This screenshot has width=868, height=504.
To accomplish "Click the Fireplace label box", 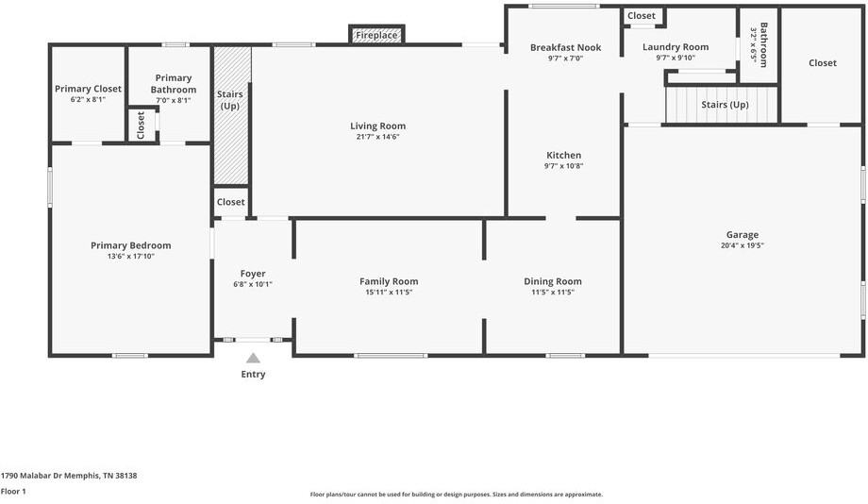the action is (x=376, y=34).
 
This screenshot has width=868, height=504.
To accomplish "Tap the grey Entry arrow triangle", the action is (x=253, y=358).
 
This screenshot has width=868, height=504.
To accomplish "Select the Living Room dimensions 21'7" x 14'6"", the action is (x=378, y=137).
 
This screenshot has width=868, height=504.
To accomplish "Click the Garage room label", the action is (x=743, y=235).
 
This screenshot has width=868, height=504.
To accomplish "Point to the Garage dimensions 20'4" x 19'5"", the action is (x=743, y=245).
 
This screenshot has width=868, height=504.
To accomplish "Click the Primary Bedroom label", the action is (x=130, y=245).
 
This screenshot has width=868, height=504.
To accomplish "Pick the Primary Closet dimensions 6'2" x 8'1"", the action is (x=88, y=100).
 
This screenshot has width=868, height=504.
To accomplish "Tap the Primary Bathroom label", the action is (x=174, y=84).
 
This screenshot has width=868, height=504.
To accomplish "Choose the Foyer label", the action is (x=253, y=274).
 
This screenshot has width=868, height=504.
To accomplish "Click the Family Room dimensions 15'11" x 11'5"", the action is (x=389, y=293).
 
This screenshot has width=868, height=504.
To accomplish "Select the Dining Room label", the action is (x=553, y=281).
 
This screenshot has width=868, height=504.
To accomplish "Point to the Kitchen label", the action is (x=563, y=155).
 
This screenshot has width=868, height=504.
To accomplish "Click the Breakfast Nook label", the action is (x=566, y=47).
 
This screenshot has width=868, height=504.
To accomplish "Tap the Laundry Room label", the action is (x=676, y=47).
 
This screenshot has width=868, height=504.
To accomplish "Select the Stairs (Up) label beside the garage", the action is (x=725, y=105).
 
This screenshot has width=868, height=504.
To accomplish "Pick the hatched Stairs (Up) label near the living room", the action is (x=229, y=100).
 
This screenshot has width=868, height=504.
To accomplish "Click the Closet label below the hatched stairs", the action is (x=231, y=202).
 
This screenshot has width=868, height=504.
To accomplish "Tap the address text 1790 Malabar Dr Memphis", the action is (x=50, y=475).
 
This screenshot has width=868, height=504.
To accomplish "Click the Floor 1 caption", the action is (x=13, y=492).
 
